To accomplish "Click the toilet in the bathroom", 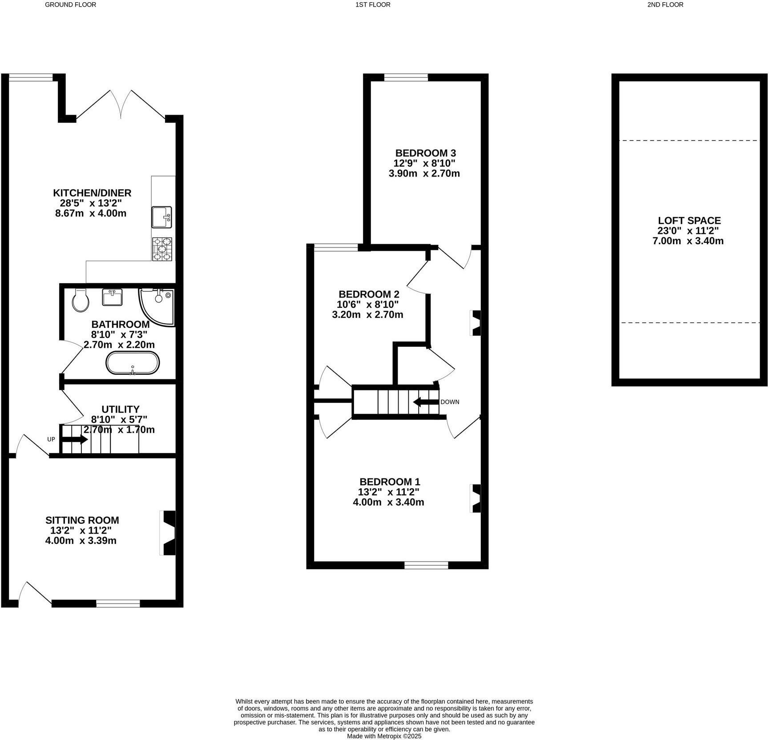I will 81,301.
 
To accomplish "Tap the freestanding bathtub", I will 132,363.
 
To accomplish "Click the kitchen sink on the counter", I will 161,217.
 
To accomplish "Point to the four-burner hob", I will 162,249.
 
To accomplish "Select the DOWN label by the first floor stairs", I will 450,402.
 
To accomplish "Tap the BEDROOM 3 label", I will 425,153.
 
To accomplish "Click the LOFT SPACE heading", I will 689,221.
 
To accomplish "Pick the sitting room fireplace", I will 168,533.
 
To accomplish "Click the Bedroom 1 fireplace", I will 476,498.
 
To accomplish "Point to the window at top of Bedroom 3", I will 406,78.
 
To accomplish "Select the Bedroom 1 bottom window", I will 426,565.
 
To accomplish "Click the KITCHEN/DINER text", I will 92,193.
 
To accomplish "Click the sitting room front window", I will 118,603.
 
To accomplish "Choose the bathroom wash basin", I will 113,298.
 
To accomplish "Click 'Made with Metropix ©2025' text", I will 384,736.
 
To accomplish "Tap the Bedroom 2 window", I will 336,248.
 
